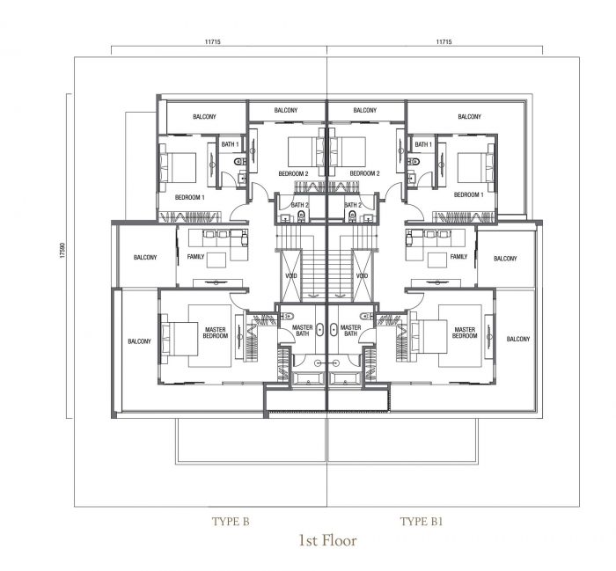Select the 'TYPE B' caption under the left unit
pyautogui.click(x=231, y=522)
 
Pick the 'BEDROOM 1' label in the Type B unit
pyautogui.click(x=189, y=197)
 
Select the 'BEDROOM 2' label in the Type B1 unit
pyautogui.click(x=364, y=174)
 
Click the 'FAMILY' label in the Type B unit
pyautogui.click(x=196, y=257)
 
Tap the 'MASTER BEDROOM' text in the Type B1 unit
pyautogui.click(x=464, y=333)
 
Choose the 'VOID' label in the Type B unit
pyautogui.click(x=291, y=275)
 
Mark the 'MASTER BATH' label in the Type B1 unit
pyautogui.click(x=351, y=331)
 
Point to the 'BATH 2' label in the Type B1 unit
pyautogui.click(x=354, y=205)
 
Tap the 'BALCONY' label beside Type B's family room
pyautogui.click(x=145, y=258)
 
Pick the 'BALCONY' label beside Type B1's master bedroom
pyautogui.click(x=517, y=340)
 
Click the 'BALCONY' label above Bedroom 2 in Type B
pyautogui.click(x=286, y=111)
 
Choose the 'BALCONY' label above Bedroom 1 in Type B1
pyautogui.click(x=469, y=116)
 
